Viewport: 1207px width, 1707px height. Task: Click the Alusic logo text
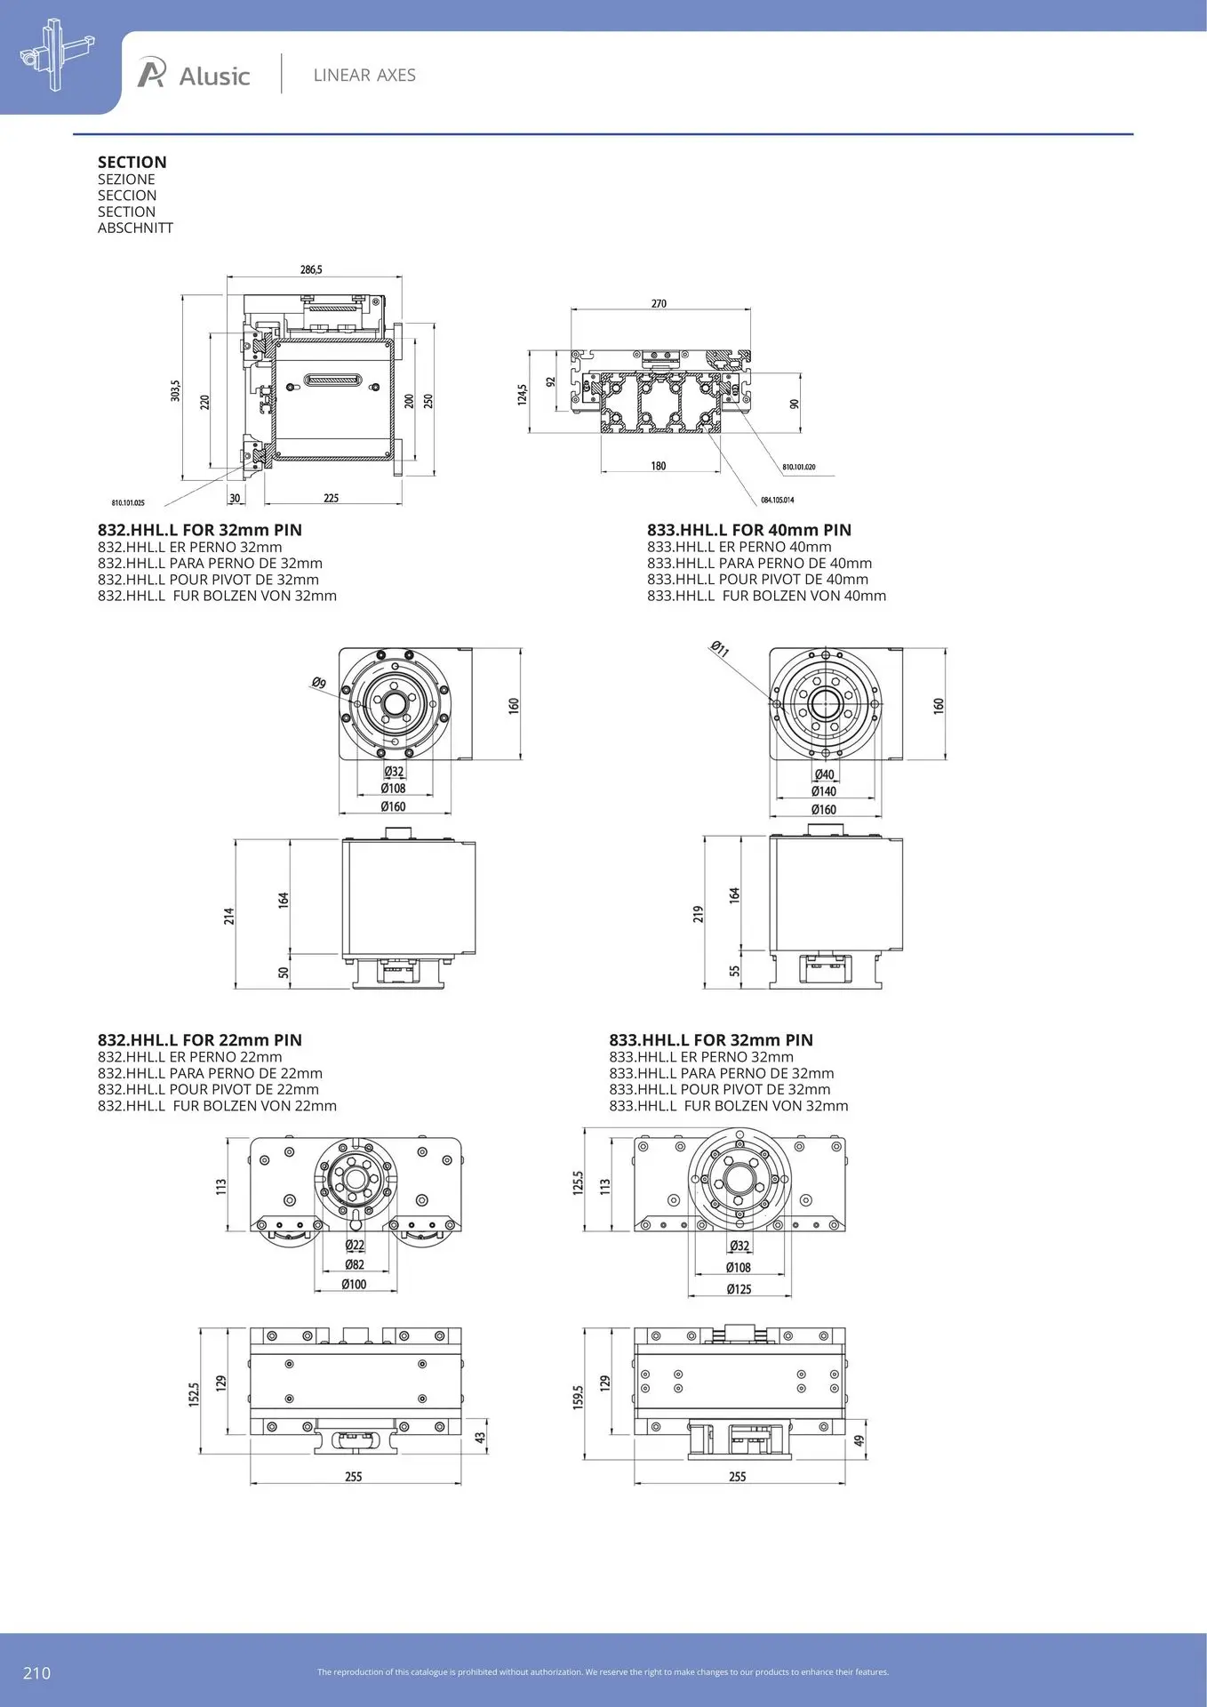[214, 76]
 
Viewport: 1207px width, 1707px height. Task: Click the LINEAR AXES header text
[364, 76]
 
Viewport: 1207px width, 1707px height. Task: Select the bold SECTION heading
[132, 162]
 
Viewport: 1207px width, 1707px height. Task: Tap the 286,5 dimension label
[311, 269]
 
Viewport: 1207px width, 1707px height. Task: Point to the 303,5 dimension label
[176, 390]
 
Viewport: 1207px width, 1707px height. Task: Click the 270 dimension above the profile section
[659, 303]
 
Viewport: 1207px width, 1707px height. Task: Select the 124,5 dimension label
[523, 395]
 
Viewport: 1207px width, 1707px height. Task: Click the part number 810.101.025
[128, 503]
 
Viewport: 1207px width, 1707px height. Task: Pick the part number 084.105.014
[778, 500]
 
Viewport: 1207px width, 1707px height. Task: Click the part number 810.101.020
[799, 467]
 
